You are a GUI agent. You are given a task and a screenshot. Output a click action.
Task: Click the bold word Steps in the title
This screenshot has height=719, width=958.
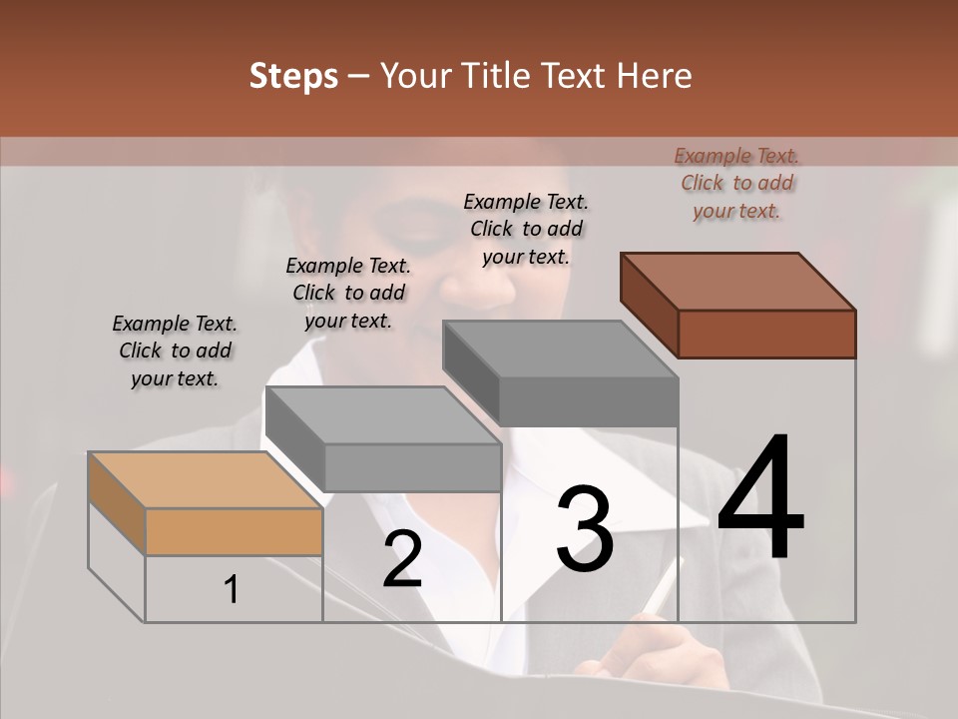(x=293, y=76)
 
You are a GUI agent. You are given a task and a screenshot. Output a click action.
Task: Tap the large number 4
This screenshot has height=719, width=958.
(x=760, y=498)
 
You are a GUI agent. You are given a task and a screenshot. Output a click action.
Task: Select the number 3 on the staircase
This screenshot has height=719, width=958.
(x=585, y=529)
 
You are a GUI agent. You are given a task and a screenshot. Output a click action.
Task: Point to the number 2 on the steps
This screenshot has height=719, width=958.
(x=402, y=559)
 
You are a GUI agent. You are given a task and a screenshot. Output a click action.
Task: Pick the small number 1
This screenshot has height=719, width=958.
(x=232, y=590)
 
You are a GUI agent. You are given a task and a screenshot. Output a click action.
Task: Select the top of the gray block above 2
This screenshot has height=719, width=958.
(x=383, y=415)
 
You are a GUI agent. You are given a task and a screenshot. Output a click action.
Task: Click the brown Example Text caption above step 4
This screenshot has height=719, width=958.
(x=736, y=184)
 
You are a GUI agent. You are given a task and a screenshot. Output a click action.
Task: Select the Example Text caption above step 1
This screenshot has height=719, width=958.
(x=175, y=351)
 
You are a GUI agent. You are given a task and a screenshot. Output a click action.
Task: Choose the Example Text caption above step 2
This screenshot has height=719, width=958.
(x=348, y=293)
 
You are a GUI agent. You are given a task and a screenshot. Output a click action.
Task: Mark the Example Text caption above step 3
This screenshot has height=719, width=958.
(x=526, y=229)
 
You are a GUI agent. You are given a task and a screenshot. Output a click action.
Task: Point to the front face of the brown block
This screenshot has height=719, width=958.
(x=766, y=334)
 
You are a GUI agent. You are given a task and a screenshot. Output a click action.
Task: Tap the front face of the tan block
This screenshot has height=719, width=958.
(x=234, y=531)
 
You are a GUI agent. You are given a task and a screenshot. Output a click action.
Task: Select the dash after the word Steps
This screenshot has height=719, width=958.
(x=358, y=76)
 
